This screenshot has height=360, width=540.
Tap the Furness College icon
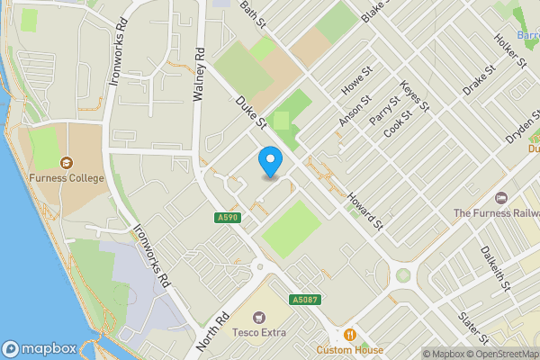(x=66, y=163)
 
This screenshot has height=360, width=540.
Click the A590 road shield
(x=227, y=218)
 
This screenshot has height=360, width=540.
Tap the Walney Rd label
(x=199, y=74)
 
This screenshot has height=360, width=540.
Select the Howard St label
(x=366, y=210)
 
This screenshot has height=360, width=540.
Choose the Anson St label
(x=349, y=112)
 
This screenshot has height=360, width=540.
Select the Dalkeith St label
(x=496, y=267)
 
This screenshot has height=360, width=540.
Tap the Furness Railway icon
(x=502, y=198)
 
